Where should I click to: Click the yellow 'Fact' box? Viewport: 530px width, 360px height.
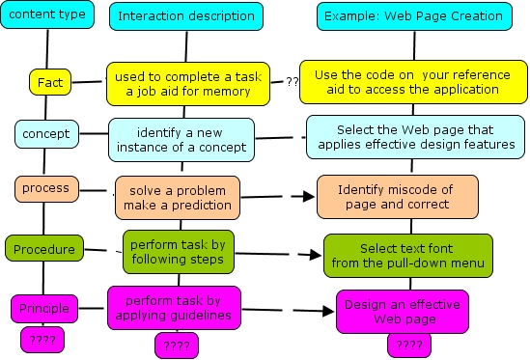(x=50, y=83)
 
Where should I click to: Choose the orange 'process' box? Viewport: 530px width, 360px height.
(x=45, y=188)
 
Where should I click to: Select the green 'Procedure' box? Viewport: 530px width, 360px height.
(x=43, y=249)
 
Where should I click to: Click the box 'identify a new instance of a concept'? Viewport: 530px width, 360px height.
(x=181, y=139)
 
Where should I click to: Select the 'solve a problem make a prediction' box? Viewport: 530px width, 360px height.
(x=175, y=196)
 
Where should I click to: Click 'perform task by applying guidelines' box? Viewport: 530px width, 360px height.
(x=174, y=308)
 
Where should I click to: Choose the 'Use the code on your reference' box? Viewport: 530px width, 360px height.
(x=412, y=81)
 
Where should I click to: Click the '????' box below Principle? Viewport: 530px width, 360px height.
(x=43, y=339)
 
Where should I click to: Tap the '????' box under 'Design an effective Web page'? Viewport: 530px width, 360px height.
(x=409, y=345)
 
